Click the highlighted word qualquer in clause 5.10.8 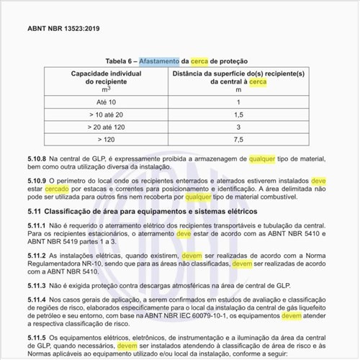pyautogui.click(x=262, y=156)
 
